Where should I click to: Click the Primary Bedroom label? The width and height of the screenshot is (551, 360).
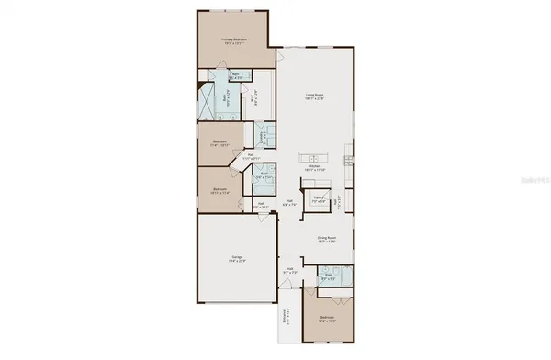[236, 40]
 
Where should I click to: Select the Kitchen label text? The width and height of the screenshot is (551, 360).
[314, 166]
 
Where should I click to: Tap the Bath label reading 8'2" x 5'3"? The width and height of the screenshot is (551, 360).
[329, 277]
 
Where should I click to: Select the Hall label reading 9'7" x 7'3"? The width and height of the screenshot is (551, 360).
[289, 270]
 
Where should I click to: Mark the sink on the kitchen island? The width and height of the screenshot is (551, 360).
[316, 156]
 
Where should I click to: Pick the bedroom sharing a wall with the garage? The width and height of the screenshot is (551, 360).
[219, 191]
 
